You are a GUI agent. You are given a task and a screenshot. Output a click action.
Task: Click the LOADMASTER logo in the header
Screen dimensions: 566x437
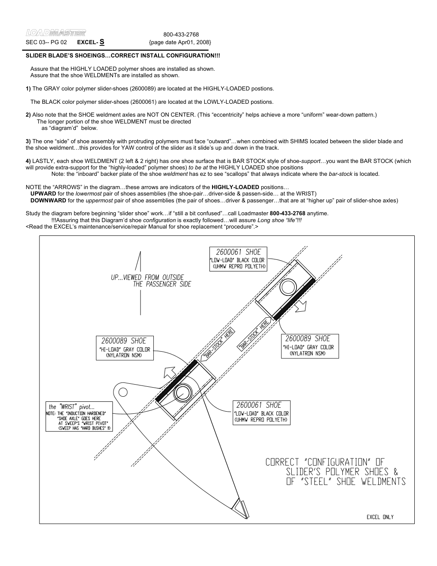click(56, 33)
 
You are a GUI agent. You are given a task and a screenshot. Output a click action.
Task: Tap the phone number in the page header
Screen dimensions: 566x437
click(181, 34)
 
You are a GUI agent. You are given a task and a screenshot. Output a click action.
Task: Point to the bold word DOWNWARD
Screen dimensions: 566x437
click(48, 200)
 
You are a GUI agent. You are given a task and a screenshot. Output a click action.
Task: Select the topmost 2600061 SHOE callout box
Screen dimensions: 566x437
click(238, 259)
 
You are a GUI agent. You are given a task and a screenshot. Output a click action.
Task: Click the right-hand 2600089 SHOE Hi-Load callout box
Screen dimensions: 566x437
click(310, 346)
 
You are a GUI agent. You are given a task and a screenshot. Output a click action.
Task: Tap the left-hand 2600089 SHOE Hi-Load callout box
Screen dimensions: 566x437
click(124, 348)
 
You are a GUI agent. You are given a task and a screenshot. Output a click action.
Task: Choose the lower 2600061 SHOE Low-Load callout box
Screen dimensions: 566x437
click(261, 412)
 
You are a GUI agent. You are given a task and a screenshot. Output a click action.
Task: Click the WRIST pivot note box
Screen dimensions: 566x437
click(78, 416)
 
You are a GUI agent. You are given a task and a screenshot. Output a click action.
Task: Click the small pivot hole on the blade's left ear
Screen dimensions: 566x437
click(123, 391)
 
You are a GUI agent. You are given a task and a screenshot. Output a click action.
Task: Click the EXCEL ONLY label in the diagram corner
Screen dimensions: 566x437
click(380, 517)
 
